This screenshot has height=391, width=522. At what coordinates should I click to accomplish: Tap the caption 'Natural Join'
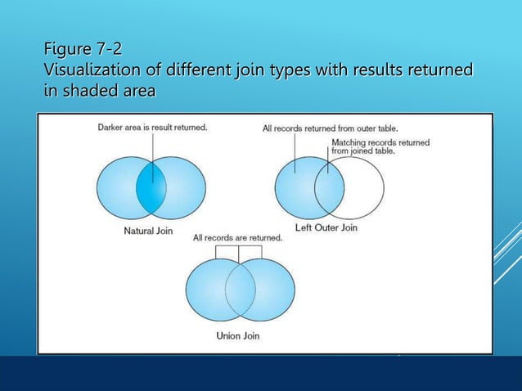pos(148,231)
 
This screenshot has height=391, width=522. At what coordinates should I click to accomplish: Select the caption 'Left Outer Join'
pos(326,227)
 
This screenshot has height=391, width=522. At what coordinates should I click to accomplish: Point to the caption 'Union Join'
pos(239,335)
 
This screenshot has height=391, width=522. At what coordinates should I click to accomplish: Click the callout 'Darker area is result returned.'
pos(152,128)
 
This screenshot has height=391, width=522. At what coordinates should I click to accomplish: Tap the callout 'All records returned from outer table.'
pos(332,128)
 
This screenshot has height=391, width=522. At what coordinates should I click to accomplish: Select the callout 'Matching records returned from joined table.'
pos(380,146)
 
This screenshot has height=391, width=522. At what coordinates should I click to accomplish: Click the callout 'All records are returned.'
pos(237,238)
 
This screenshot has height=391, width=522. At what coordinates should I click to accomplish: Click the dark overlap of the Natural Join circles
pos(151,187)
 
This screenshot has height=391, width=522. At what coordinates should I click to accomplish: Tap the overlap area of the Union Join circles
pos(239,291)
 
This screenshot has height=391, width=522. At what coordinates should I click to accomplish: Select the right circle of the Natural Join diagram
pos(185,187)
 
